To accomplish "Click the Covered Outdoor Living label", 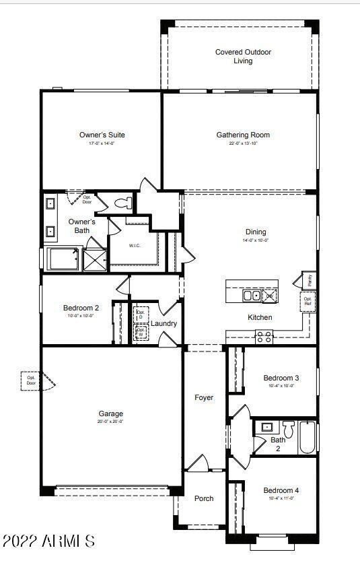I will click(243, 57).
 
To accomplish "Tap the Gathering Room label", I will click(243, 135).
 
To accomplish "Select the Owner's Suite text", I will click(102, 135).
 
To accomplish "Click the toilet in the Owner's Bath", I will click(123, 203).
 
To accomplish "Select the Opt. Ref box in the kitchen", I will click(308, 301).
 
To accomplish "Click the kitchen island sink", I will click(251, 295).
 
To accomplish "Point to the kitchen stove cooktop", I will click(264, 337).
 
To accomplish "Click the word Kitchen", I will click(260, 317).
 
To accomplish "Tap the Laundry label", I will click(164, 323).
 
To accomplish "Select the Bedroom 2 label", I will click(81, 308).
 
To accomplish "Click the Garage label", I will click(110, 413).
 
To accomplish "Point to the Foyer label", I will click(204, 397).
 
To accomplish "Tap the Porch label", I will click(204, 498).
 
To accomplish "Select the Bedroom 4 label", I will click(281, 490).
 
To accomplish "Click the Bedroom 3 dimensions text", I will click(281, 386).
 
